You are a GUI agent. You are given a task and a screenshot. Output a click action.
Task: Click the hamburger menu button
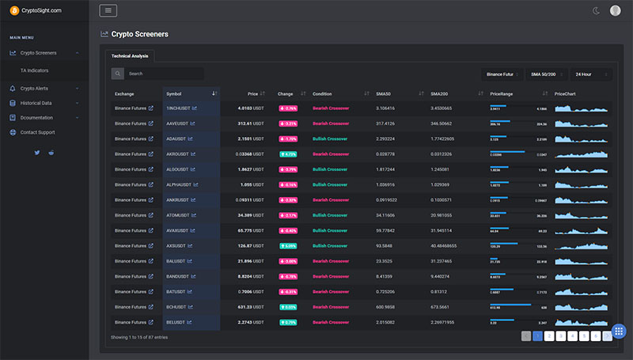pos(108,10)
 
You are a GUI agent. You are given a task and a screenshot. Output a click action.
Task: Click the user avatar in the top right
pos(616,10)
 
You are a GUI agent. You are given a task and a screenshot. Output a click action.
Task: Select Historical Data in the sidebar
pos(36,103)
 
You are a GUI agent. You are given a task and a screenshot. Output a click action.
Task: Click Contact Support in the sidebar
pos(37,132)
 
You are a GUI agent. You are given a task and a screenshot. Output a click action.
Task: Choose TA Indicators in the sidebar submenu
pos(35,70)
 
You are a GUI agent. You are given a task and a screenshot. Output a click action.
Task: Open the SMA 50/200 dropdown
pos(547,74)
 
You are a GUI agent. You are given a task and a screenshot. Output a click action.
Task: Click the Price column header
pos(252,94)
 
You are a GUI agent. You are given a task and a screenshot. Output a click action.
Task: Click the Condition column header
pos(323,94)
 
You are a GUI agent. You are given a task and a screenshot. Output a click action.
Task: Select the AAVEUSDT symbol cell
pos(180,123)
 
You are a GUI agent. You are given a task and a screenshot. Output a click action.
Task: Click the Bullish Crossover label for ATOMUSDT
pos(331,215)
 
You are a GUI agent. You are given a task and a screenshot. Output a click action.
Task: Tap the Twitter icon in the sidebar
pos(36,151)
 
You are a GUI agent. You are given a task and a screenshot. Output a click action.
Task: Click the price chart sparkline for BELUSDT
pos(581,322)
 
